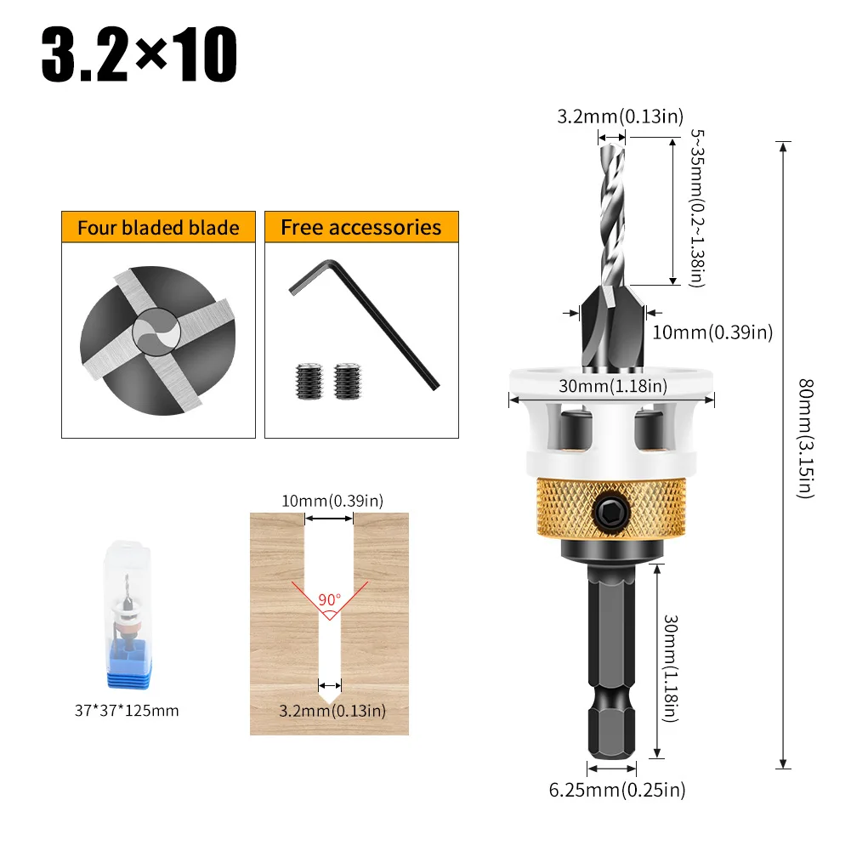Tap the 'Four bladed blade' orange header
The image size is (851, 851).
(158, 228)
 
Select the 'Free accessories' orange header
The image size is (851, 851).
(361, 228)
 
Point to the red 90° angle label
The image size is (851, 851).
(329, 599)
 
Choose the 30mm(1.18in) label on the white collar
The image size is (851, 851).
(611, 386)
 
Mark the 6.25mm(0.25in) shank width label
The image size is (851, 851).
(616, 790)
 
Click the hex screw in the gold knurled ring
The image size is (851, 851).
(610, 512)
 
